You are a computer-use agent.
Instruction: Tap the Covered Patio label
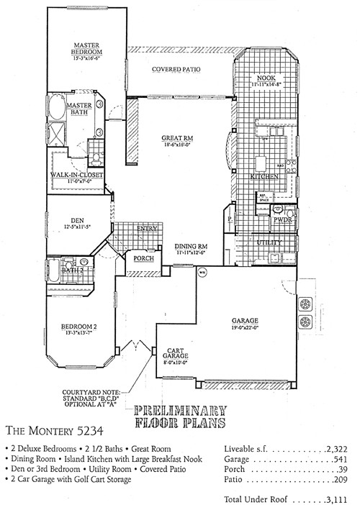pyautogui.click(x=176, y=70)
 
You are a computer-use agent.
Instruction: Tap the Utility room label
pyautogui.click(x=269, y=243)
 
